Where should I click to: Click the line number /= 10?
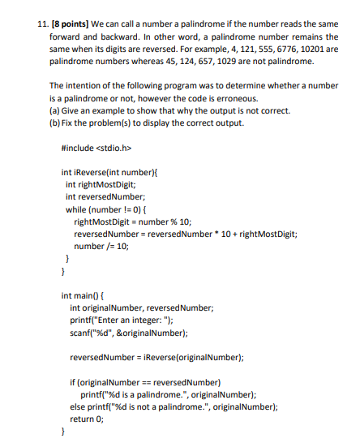coord(101,246)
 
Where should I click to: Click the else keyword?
coord(78,406)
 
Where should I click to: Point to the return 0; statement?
coord(88,419)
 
